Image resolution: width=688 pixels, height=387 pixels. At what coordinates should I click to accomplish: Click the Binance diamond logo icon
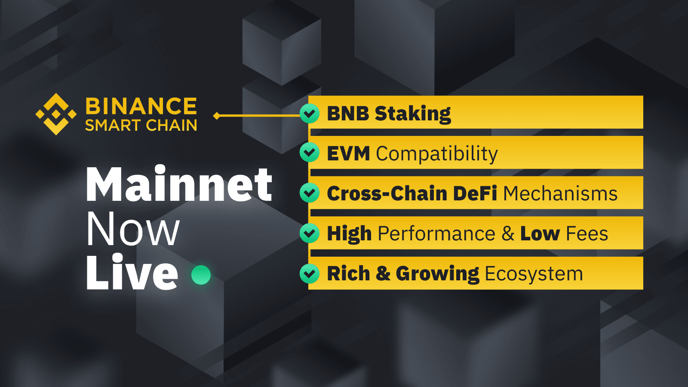point(56,114)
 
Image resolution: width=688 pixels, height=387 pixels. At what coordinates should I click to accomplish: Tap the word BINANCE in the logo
point(141,106)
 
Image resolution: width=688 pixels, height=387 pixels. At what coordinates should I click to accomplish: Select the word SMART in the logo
point(113,126)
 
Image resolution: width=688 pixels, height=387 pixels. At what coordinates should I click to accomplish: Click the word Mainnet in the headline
point(179,185)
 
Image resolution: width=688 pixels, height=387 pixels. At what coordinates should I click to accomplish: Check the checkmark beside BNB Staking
point(310,114)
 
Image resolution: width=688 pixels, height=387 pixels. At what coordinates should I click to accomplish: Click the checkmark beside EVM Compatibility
point(310,152)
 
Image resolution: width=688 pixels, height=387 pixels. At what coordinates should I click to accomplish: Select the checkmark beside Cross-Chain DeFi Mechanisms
point(310,193)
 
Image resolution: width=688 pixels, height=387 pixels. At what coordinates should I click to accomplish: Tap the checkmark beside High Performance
point(310,233)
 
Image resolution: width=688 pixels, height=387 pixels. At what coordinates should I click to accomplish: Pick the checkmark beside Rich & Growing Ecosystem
point(310,273)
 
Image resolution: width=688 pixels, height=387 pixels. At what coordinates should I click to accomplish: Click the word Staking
point(413,114)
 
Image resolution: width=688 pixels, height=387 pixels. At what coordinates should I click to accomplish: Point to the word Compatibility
point(437,154)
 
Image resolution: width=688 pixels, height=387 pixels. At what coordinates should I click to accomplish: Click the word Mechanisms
point(560,194)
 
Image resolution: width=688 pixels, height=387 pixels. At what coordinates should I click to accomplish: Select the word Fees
point(587,234)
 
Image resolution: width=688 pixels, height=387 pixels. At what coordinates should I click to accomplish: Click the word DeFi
point(475,193)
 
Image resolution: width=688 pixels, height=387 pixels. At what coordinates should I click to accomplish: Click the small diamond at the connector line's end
point(217,116)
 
